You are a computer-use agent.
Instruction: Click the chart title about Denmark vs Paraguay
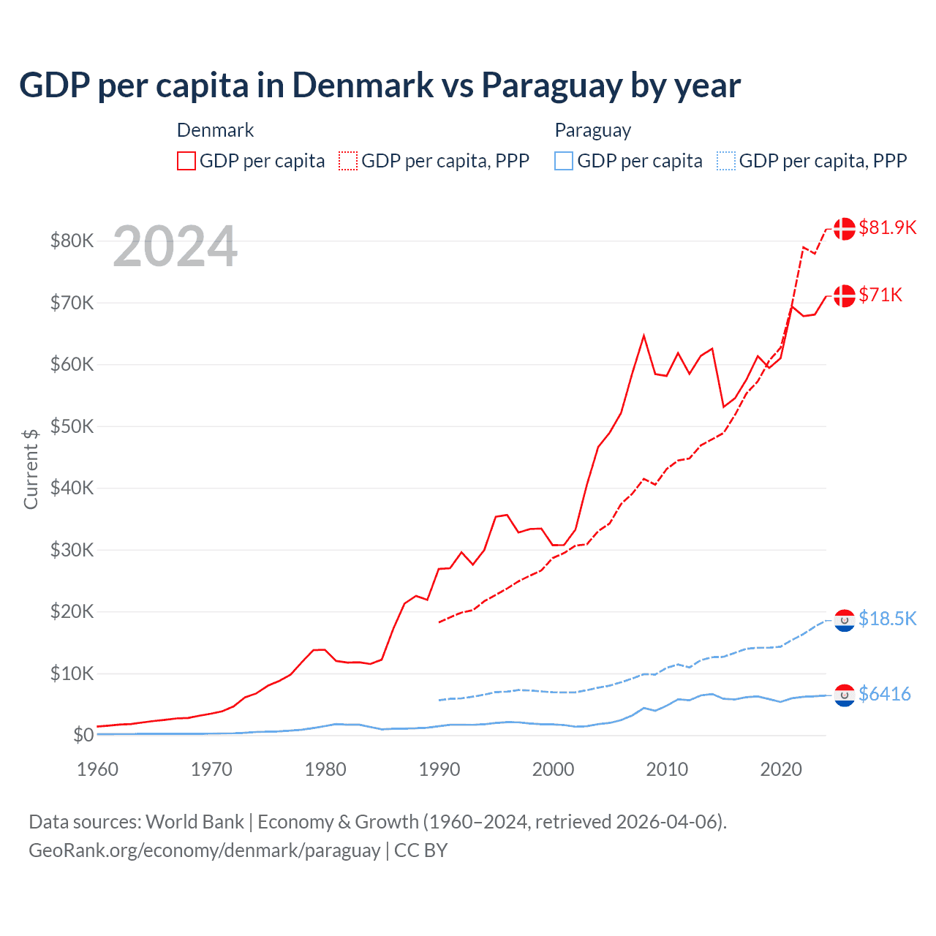click(380, 86)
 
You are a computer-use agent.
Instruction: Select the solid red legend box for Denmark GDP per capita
click(186, 161)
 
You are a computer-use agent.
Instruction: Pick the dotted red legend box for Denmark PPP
click(348, 161)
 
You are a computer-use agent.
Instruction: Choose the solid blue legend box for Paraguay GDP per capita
click(564, 161)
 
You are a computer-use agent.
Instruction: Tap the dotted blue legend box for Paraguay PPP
click(726, 161)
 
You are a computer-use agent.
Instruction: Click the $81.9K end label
click(887, 227)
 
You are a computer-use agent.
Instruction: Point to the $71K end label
click(880, 295)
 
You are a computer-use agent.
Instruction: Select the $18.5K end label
click(887, 619)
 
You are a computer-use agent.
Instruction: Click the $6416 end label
click(884, 694)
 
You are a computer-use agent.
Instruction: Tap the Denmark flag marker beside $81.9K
click(845, 228)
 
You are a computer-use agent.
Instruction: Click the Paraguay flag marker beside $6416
click(845, 695)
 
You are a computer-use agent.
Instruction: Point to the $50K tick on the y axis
click(72, 426)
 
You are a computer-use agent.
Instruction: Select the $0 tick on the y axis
click(83, 735)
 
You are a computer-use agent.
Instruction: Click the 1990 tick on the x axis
click(439, 769)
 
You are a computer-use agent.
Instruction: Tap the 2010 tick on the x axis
click(667, 769)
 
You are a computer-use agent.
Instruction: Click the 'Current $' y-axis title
click(31, 469)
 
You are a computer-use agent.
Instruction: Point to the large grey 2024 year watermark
click(175, 247)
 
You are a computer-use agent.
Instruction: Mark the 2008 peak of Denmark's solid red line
click(643, 336)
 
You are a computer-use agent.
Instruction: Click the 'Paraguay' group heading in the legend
click(592, 130)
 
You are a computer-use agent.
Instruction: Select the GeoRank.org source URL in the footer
click(204, 850)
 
